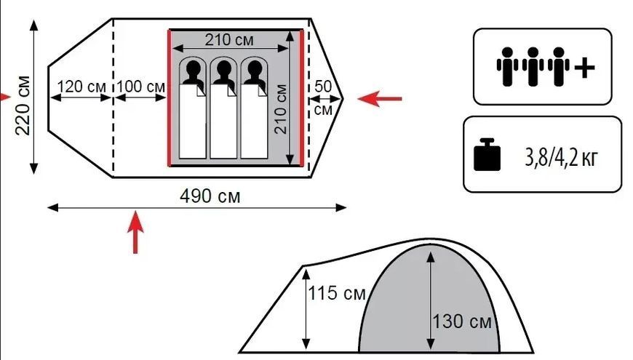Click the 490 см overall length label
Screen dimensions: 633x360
tap(210, 196)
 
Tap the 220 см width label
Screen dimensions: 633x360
tap(23, 105)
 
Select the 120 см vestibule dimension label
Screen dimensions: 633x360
tap(81, 87)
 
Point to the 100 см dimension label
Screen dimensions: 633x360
tap(141, 87)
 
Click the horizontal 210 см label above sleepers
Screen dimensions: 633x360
tap(229, 40)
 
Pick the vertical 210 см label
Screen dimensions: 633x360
tap(281, 109)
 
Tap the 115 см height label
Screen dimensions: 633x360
tap(337, 293)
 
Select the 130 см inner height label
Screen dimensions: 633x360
tap(462, 321)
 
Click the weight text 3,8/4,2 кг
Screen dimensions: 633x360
tap(560, 158)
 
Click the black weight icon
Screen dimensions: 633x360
tap(487, 155)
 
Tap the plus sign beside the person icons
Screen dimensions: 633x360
tap(584, 67)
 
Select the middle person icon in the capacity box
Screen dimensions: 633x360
tap(533, 67)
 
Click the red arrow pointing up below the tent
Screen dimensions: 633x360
tap(135, 232)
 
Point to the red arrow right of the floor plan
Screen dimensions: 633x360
tap(380, 98)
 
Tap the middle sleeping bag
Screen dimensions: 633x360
tap(223, 121)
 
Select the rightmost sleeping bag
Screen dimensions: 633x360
tap(254, 121)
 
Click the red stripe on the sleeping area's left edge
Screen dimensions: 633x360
tap(170, 98)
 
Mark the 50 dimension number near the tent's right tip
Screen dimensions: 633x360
tap(323, 87)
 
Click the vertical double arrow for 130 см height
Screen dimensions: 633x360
tap(431, 301)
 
